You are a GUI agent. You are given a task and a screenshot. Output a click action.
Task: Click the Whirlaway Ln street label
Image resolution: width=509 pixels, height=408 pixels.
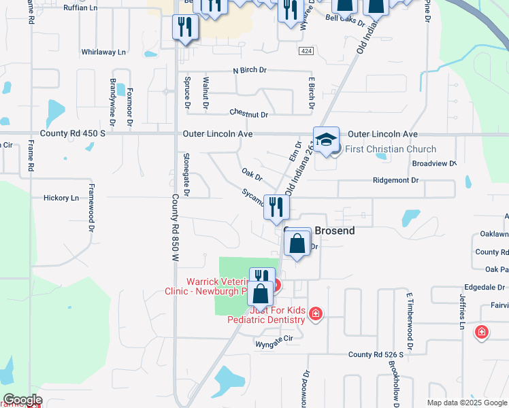pos(103,52)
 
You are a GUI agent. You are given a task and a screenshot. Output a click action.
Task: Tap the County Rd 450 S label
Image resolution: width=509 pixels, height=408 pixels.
pos(73,135)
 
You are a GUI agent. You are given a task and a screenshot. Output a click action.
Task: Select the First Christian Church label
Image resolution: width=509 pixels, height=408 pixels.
pos(391,150)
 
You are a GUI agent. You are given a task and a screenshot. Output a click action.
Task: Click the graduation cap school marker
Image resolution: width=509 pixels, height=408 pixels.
pos(326,139)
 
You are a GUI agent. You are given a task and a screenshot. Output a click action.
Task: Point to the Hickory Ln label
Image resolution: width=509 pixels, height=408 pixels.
pos(61,198)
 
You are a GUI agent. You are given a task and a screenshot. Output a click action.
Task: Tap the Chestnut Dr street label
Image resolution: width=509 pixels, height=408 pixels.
pos(248,114)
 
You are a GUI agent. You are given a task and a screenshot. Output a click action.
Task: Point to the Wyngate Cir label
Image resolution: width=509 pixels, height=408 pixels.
pos(274,345)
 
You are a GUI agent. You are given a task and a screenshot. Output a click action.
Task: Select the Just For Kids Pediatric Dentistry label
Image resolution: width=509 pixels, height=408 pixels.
pos(267,315)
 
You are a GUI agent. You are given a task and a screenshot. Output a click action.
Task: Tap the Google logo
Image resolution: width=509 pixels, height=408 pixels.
pos(22,399)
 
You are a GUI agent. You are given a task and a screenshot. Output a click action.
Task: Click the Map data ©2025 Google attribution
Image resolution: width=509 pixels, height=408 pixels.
pos(466,403)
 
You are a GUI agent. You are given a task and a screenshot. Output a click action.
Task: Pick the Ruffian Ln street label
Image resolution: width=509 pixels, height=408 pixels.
pos(81,8)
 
